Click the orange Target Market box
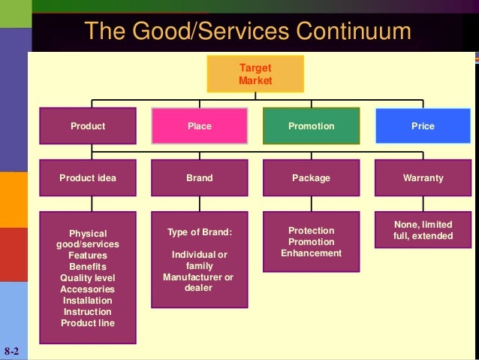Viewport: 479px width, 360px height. [255, 74]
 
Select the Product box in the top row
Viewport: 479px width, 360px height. [88, 126]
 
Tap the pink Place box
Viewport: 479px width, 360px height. [199, 126]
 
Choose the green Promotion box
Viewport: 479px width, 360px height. [311, 126]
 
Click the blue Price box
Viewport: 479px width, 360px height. [423, 126]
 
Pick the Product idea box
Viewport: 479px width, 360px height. [88, 178]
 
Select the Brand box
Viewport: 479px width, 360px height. [199, 178]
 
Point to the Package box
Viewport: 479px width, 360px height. [311, 178]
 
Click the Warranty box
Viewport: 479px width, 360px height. [423, 178]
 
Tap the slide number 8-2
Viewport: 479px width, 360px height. [11, 351]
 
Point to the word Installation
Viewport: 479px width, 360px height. [88, 301]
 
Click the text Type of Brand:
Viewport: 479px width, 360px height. [199, 233]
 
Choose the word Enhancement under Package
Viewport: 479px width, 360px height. [311, 253]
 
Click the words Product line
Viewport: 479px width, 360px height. [88, 323]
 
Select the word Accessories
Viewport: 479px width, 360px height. [88, 289]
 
